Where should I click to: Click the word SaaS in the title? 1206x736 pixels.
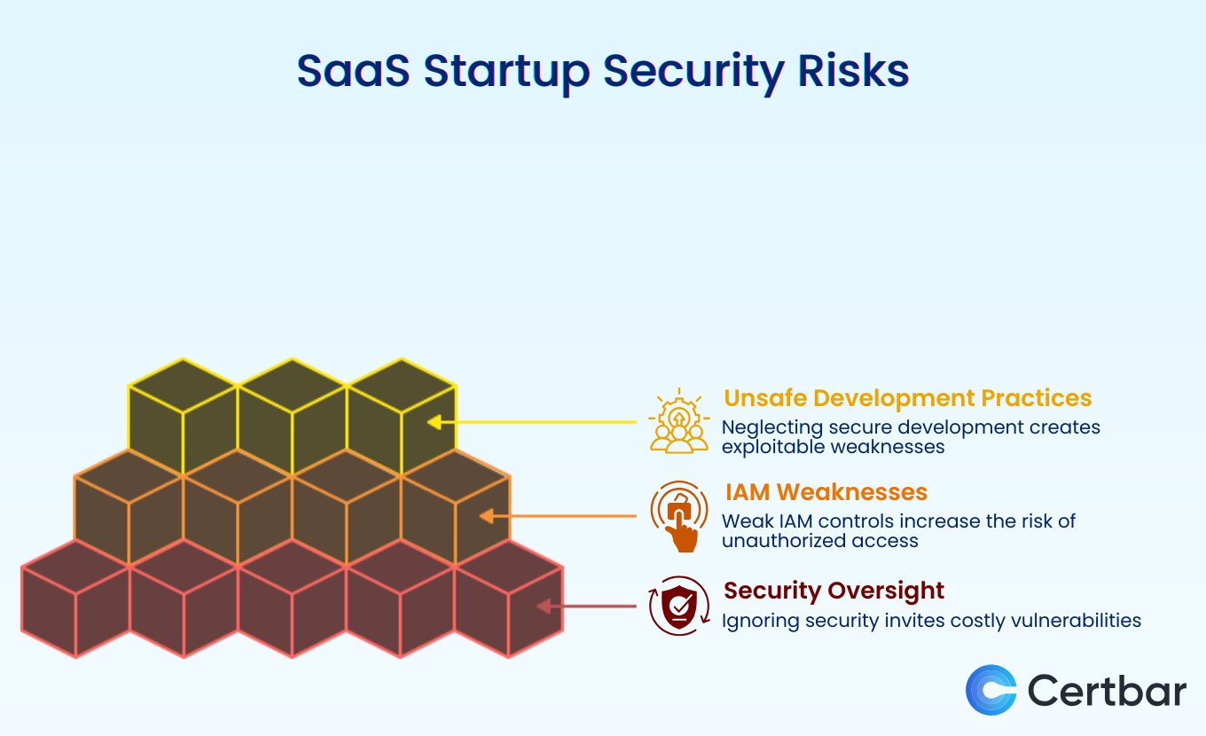(353, 71)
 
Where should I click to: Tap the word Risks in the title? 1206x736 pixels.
(853, 71)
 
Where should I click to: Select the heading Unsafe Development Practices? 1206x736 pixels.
(908, 398)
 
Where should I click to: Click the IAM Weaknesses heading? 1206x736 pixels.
(826, 492)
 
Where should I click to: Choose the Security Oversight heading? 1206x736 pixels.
(834, 591)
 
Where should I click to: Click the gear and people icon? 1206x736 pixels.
(679, 420)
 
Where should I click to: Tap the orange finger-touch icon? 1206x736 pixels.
(679, 516)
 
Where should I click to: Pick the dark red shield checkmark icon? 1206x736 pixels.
(679, 607)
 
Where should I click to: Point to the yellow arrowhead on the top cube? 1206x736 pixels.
(435, 422)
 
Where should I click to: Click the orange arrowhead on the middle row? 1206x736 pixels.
(487, 516)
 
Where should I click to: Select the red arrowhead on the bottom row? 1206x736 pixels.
(544, 607)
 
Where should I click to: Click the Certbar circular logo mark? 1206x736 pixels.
(991, 690)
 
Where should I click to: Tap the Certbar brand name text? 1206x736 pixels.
(1107, 690)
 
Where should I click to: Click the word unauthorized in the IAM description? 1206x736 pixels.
(785, 541)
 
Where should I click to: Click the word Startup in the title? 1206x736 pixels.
(506, 72)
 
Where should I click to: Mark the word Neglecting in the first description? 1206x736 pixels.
(772, 427)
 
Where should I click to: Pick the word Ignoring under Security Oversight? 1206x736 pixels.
(760, 622)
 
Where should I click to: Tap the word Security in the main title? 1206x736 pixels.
(693, 72)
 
